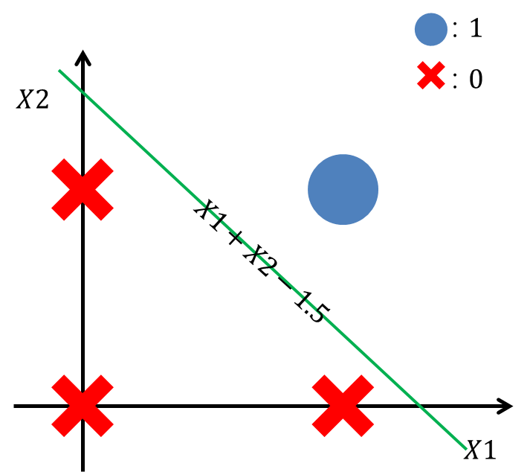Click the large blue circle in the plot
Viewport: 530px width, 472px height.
click(343, 189)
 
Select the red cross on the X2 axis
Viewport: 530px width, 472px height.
click(83, 189)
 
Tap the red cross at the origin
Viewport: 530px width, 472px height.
click(83, 406)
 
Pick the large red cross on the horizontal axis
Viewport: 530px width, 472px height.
click(343, 406)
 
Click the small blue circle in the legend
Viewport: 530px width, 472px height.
click(431, 30)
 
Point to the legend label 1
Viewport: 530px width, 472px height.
click(475, 30)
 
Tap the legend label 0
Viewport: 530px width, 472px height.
click(475, 78)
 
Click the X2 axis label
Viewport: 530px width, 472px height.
click(33, 100)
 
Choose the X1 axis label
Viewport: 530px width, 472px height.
click(479, 450)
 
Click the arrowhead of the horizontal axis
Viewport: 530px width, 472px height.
click(506, 406)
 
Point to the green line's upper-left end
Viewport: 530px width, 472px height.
click(59, 70)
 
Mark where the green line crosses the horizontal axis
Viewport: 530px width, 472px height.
click(421, 406)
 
